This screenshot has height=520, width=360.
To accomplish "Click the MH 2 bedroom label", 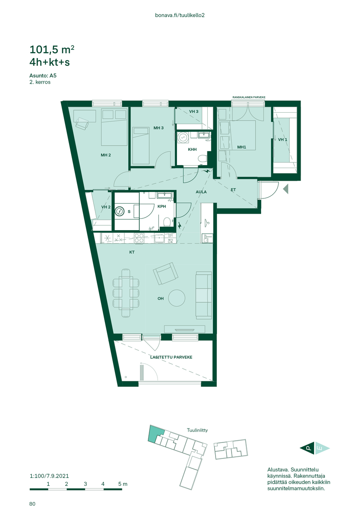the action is pyautogui.click(x=106, y=155).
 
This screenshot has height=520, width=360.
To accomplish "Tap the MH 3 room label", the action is pyautogui.click(x=158, y=128).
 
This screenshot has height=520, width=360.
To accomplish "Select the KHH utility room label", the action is pyautogui.click(x=192, y=149).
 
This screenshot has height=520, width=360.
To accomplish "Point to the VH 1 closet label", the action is pyautogui.click(x=282, y=140).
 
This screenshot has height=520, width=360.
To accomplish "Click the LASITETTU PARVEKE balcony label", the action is pyautogui.click(x=171, y=357).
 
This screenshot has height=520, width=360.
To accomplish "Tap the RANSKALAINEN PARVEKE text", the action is pyautogui.click(x=249, y=97).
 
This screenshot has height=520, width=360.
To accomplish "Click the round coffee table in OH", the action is pyautogui.click(x=177, y=298).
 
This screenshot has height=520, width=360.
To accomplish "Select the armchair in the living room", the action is pyautogui.click(x=166, y=273).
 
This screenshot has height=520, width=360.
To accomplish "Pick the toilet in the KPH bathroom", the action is pyautogui.click(x=167, y=222).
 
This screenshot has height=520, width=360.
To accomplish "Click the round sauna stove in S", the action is pyautogui.click(x=120, y=211).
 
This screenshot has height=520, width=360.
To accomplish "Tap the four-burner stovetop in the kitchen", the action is pyautogui.click(x=139, y=238).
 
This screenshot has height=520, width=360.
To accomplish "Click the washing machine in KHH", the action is pyautogui.click(x=183, y=138).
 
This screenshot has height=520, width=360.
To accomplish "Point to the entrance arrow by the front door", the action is pyautogui.click(x=286, y=189).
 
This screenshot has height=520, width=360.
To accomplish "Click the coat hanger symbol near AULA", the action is pyautogui.click(x=206, y=223).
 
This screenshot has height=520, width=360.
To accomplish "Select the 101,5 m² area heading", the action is pyautogui.click(x=52, y=49).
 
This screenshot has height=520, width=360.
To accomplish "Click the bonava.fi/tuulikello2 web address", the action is pyautogui.click(x=180, y=15).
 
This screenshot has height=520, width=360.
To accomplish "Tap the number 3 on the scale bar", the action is pyautogui.click(x=85, y=484).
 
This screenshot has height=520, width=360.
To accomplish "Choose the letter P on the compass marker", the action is pyautogui.click(x=309, y=448).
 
